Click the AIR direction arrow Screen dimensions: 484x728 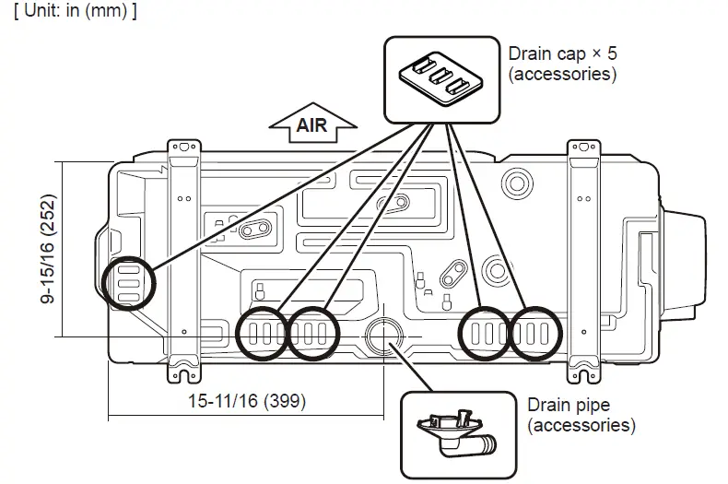click(x=311, y=124)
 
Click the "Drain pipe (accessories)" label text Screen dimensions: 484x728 click(x=581, y=415)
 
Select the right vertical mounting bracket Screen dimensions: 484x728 click(x=585, y=258)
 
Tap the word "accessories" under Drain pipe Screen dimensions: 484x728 click(x=581, y=425)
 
